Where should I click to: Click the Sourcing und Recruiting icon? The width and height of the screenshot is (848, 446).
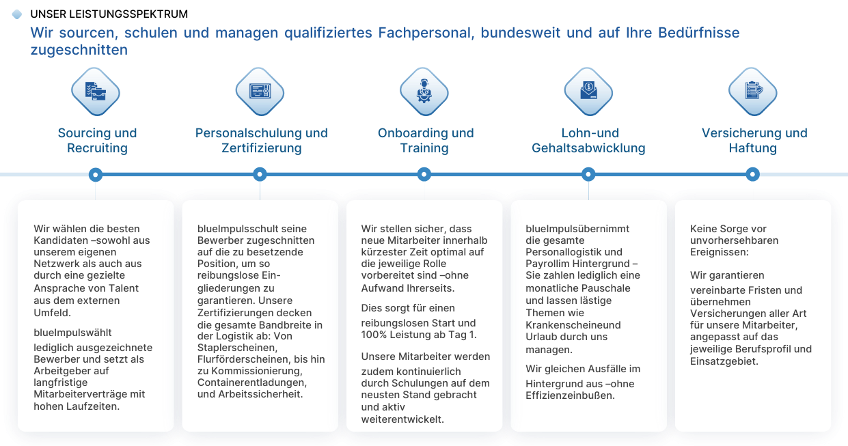tap(96, 92)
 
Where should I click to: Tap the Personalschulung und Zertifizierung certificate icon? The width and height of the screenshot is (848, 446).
tap(260, 92)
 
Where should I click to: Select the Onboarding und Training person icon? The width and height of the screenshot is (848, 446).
tap(424, 92)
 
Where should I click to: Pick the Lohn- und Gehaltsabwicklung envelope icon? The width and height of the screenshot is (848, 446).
tap(588, 92)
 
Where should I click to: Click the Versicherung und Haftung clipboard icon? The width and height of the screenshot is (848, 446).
tap(753, 92)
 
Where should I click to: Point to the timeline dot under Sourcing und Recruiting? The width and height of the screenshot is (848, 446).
tap(96, 175)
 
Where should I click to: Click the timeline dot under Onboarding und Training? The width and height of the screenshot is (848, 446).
tap(424, 175)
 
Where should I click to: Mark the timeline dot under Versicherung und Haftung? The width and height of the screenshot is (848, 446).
tap(752, 175)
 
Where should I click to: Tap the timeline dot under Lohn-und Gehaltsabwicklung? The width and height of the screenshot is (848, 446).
tap(588, 175)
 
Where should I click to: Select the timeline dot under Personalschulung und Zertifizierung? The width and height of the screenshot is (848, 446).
tap(260, 175)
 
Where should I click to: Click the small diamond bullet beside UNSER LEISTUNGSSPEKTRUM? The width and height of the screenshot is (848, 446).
tap(17, 14)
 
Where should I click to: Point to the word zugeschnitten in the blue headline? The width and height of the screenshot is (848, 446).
tap(79, 50)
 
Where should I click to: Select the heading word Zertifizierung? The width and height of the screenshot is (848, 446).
tap(262, 148)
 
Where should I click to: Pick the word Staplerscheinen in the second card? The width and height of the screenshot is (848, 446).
tap(237, 348)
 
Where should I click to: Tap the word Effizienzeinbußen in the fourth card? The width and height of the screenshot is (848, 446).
tap(570, 395)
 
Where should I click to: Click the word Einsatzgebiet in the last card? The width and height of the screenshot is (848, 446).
tap(724, 361)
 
